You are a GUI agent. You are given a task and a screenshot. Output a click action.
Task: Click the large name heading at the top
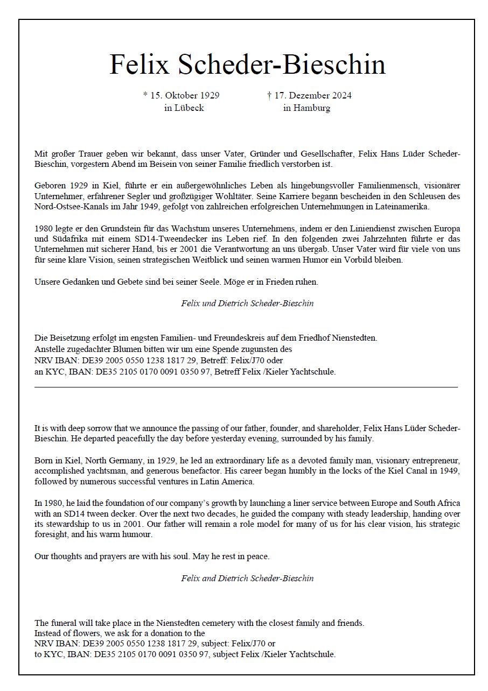248,65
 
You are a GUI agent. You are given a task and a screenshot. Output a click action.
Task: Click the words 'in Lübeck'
184,108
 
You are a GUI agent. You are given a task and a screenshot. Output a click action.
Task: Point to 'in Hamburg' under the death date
306,108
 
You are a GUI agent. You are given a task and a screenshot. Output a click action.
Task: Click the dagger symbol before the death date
269,95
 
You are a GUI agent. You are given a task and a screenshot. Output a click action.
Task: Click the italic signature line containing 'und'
247,303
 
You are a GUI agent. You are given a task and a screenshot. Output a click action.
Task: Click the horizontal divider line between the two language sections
246,386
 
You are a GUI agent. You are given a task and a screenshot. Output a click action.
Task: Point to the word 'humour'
136,535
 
